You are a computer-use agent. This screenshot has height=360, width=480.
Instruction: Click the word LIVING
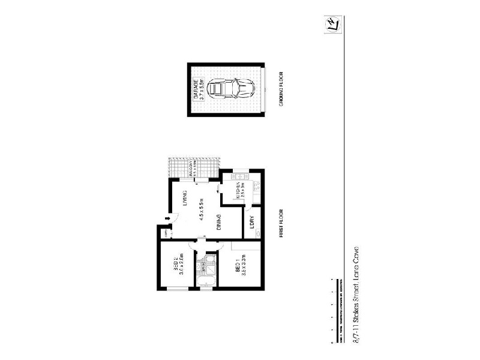[x=185, y=198]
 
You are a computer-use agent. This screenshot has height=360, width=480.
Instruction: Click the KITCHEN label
[x=237, y=191]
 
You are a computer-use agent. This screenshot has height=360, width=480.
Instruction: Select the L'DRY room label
[x=251, y=223]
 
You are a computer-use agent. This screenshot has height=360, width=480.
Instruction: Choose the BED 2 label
[x=176, y=265]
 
